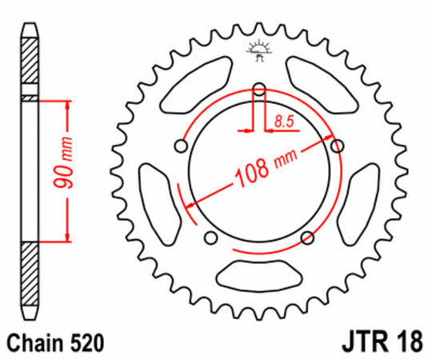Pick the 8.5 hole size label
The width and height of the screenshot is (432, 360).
[282, 122]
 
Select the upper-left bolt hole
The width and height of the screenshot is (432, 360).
[182, 146]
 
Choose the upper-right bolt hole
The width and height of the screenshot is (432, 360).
[337, 145]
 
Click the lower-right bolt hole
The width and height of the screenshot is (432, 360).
[307, 237]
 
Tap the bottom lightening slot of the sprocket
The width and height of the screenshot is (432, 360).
[258, 276]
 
